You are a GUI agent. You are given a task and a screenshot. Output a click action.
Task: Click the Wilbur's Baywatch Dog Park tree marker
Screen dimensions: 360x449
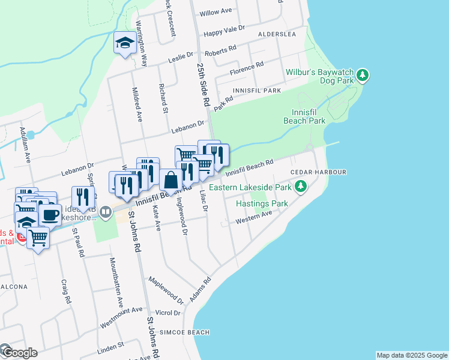pos(362,76)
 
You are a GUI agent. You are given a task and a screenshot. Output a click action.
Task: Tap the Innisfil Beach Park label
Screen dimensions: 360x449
pos(309,116)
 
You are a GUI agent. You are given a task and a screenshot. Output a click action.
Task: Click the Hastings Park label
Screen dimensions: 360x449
pos(262,203)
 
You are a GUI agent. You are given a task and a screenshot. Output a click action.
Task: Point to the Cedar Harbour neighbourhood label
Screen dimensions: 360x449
pos(318,172)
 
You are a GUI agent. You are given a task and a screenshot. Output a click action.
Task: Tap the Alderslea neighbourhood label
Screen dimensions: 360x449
pos(277,35)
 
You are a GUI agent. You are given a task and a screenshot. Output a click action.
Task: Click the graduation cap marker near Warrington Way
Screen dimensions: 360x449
pos(125,43)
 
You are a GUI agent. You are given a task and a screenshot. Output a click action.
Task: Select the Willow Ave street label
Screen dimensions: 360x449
pos(215,12)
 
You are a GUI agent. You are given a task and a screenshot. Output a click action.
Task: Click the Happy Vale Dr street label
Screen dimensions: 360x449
pos(225,29)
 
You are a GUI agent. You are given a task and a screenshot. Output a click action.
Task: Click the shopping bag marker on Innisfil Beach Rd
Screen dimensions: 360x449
pos(171,179)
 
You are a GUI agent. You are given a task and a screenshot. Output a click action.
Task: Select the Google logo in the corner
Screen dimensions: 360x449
pos(19,352)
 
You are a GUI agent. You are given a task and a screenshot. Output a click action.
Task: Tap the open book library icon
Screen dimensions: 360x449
pos(105,212)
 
